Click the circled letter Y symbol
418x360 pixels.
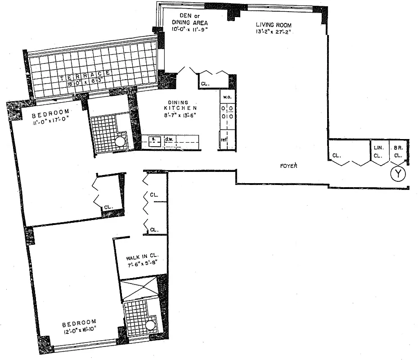tap(397, 174)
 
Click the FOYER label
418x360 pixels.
tap(288, 166)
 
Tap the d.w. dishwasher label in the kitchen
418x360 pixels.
tap(169, 139)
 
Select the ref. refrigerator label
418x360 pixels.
tap(223, 140)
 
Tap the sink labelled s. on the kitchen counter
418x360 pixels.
tap(153, 139)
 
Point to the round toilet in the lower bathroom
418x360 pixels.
tap(150, 326)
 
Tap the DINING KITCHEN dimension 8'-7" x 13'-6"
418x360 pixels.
tap(180, 115)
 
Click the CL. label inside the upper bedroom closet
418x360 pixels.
tap(108, 207)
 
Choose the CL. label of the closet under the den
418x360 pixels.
tap(205, 83)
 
